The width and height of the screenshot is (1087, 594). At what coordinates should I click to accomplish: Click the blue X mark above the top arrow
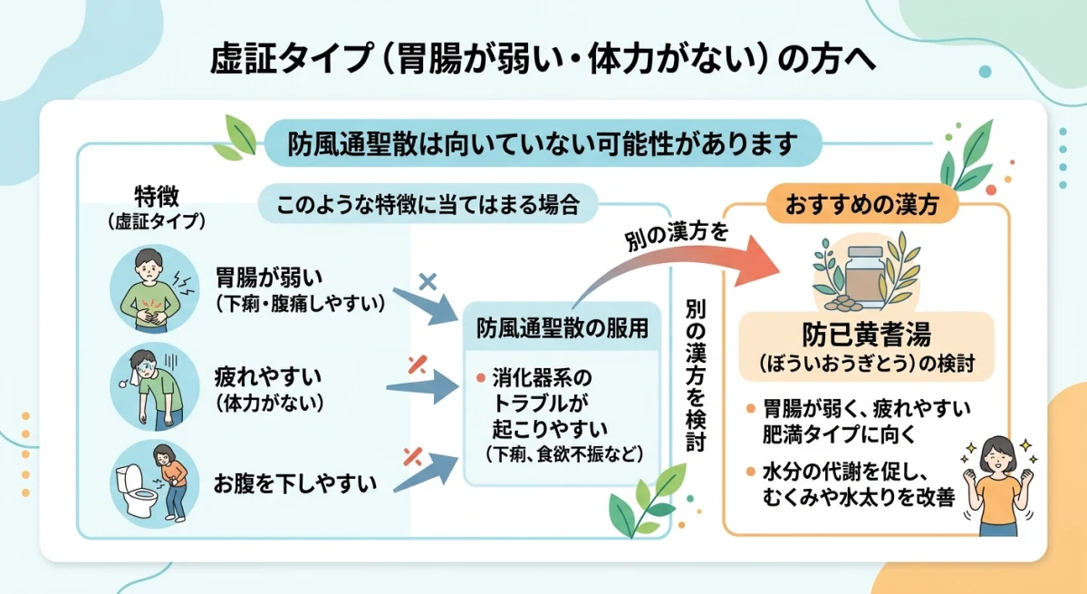point(428,281)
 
